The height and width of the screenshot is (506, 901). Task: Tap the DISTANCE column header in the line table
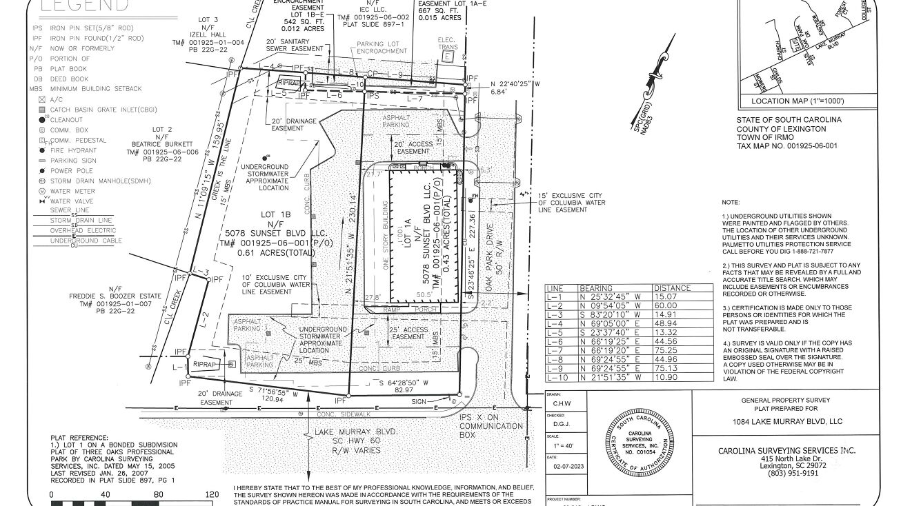click(x=673, y=288)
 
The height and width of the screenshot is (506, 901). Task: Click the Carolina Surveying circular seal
click(x=638, y=443)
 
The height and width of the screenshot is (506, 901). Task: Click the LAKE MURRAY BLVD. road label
click(x=356, y=432)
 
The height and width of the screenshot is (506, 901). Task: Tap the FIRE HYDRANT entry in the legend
click(x=72, y=150)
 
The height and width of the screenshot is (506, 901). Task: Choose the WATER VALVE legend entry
click(x=71, y=201)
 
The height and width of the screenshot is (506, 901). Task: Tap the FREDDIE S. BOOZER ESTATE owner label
click(x=115, y=296)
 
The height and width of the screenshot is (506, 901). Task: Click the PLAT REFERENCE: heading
click(x=79, y=437)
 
